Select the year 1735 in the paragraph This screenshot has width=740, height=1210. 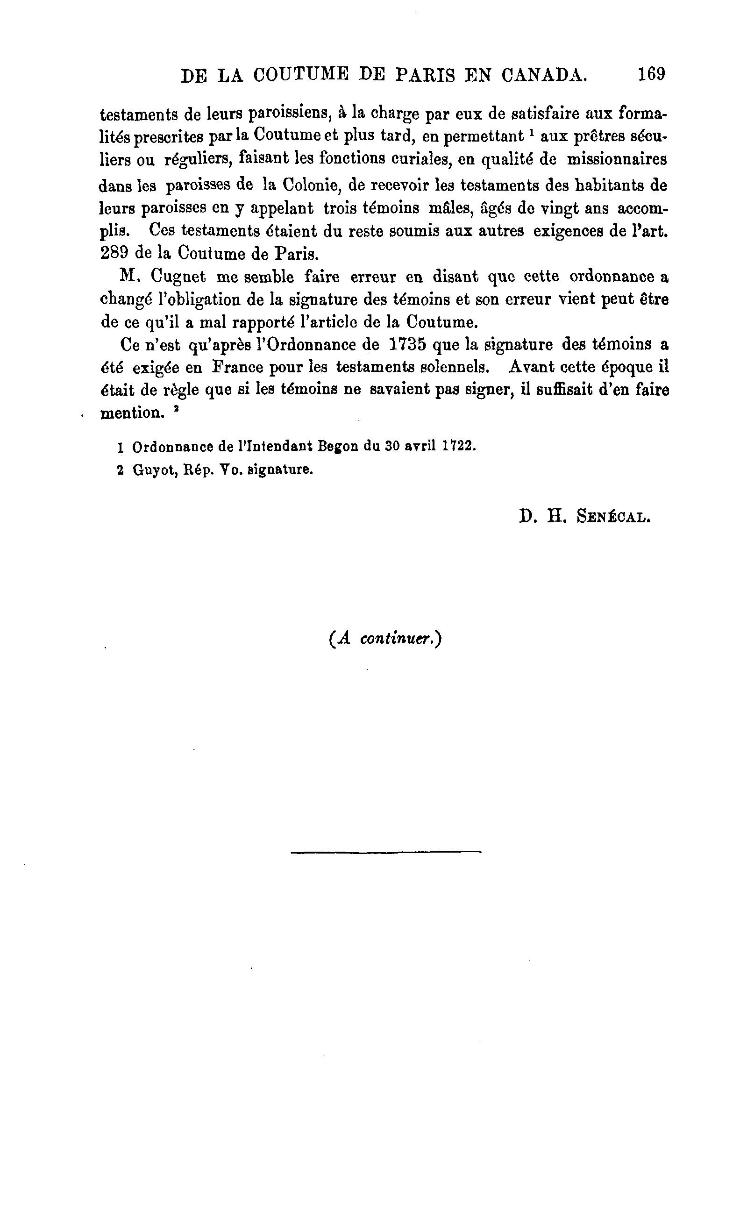tap(407, 344)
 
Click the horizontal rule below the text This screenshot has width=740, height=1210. tap(385, 852)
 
